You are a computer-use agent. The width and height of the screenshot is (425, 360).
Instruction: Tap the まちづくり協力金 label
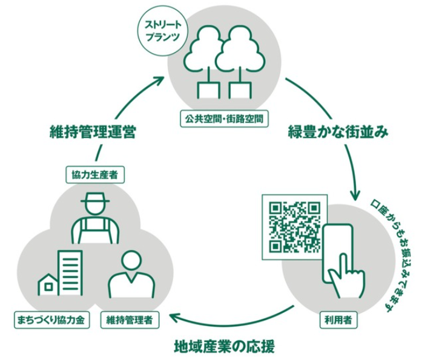pyautogui.click(x=51, y=318)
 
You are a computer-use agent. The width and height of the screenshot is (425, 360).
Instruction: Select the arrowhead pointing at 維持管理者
pyautogui.click(x=174, y=317)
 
